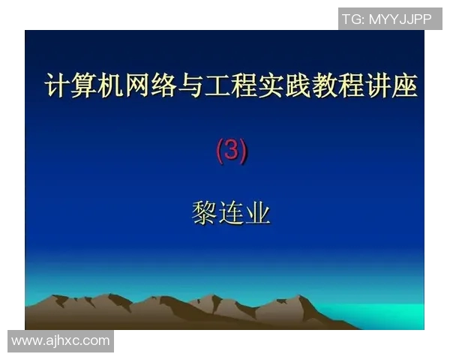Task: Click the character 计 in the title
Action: coord(57,85)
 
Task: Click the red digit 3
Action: coord(231,151)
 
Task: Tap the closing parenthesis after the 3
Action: coord(243,151)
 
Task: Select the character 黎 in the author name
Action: coord(204,214)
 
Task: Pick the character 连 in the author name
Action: coord(231,214)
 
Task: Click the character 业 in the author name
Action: coord(257,214)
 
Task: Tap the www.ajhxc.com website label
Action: coord(61,341)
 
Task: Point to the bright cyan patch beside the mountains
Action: coord(390,315)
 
